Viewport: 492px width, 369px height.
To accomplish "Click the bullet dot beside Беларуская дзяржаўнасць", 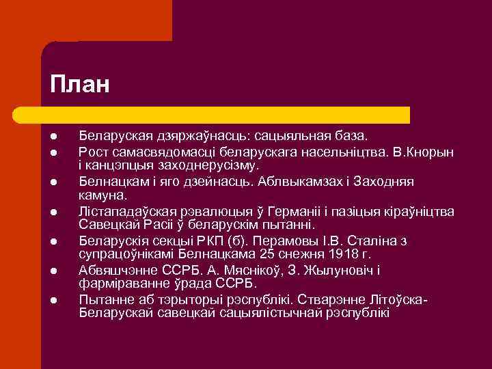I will click(x=53, y=137).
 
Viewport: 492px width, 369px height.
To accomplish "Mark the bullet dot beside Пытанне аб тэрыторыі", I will click(x=53, y=301).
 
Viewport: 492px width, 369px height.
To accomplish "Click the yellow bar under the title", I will click(x=225, y=114).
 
